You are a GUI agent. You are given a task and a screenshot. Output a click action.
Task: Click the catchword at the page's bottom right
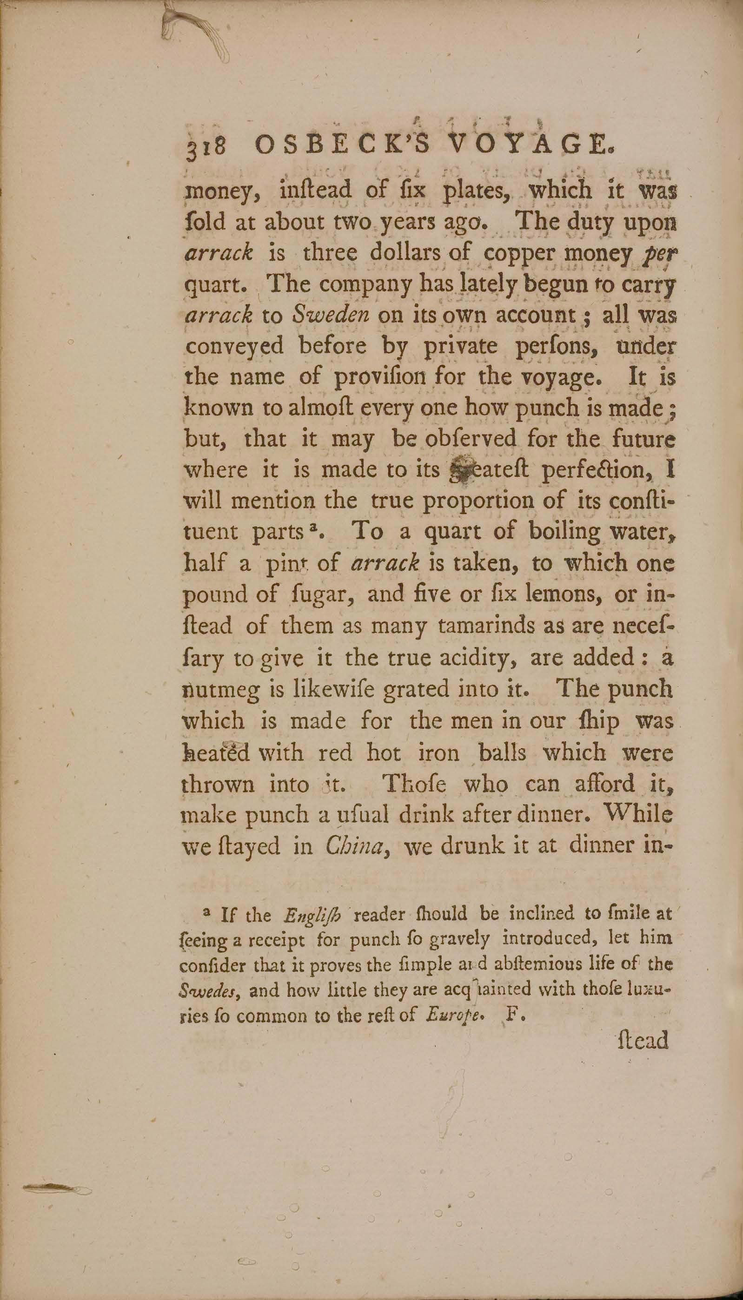click(643, 1040)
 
